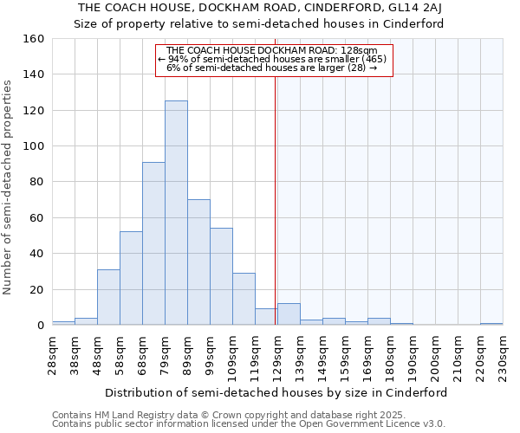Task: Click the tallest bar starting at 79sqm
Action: [x=176, y=213]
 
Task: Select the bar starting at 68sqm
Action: [x=153, y=243]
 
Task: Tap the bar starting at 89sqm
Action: [x=198, y=262]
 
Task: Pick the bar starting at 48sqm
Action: [x=108, y=297]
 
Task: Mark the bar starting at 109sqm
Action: [x=244, y=299]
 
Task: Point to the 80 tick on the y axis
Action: [x=38, y=182]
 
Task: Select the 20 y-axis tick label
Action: [x=38, y=289]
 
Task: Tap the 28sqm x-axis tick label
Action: [x=56, y=356]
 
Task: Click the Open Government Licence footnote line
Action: [x=248, y=424]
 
